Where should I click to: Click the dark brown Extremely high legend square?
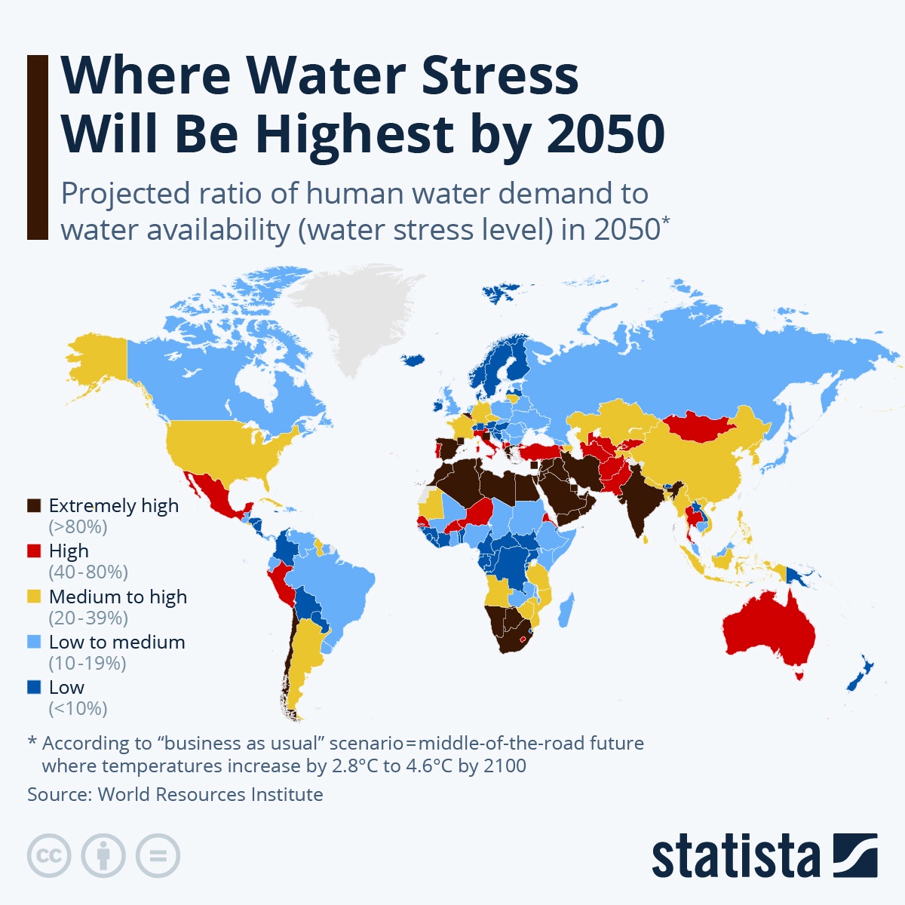[34, 506]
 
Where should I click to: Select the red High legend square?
[34, 551]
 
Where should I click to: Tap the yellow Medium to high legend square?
[34, 597]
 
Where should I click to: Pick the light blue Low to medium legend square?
[34, 642]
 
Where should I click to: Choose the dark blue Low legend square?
[34, 687]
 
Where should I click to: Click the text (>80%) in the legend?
[78, 526]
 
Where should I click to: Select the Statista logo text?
[735, 857]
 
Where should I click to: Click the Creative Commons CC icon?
[49, 856]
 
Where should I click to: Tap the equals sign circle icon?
[158, 856]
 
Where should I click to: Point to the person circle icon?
[103, 856]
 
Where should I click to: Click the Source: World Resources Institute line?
[175, 794]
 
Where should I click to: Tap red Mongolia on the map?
[698, 427]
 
